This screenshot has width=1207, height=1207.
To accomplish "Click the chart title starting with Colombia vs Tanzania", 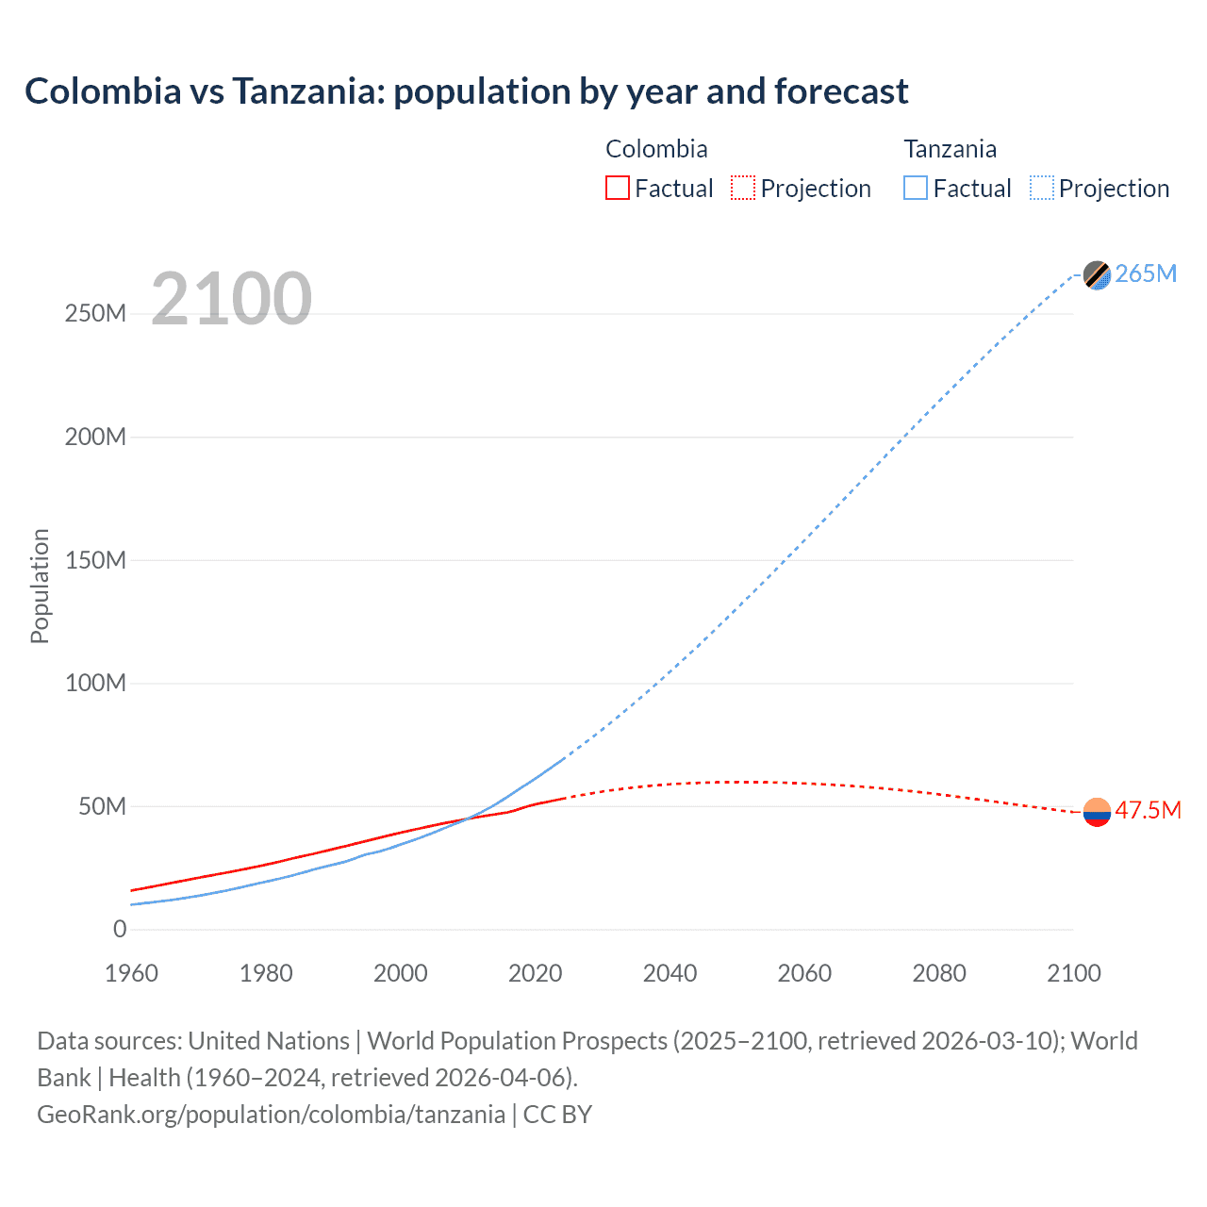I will [x=466, y=91].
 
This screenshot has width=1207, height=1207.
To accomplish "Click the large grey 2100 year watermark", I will [x=231, y=299].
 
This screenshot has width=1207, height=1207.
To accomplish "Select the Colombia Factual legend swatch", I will [x=618, y=188].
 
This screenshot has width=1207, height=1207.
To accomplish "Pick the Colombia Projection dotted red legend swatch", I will [x=743, y=188].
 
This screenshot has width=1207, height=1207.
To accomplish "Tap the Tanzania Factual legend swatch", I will [x=916, y=188].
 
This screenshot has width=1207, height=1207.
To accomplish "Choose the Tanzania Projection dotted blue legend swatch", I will [x=1042, y=188].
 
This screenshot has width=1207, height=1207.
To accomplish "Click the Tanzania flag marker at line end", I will [x=1097, y=274].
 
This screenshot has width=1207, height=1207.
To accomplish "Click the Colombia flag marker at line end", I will [x=1097, y=811].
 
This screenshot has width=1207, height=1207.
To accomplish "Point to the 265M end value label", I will [x=1146, y=273].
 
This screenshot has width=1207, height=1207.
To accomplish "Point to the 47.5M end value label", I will [x=1148, y=810].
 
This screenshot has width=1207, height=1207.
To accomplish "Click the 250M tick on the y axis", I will [x=95, y=314].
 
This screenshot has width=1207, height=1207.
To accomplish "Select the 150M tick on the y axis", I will [x=95, y=560].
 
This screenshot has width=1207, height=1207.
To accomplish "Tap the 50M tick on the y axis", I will [x=102, y=806].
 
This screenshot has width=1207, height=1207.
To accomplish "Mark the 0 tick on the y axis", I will [x=120, y=929].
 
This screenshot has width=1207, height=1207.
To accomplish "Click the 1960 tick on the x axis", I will [x=131, y=973].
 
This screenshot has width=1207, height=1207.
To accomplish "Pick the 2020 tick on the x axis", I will [x=535, y=973].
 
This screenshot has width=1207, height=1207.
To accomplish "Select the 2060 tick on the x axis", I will [x=804, y=973].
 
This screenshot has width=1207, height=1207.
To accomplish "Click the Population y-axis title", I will [x=40, y=586].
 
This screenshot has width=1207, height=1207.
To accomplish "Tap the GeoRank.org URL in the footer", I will [x=271, y=1115].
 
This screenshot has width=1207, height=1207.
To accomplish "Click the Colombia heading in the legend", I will [x=656, y=149].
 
